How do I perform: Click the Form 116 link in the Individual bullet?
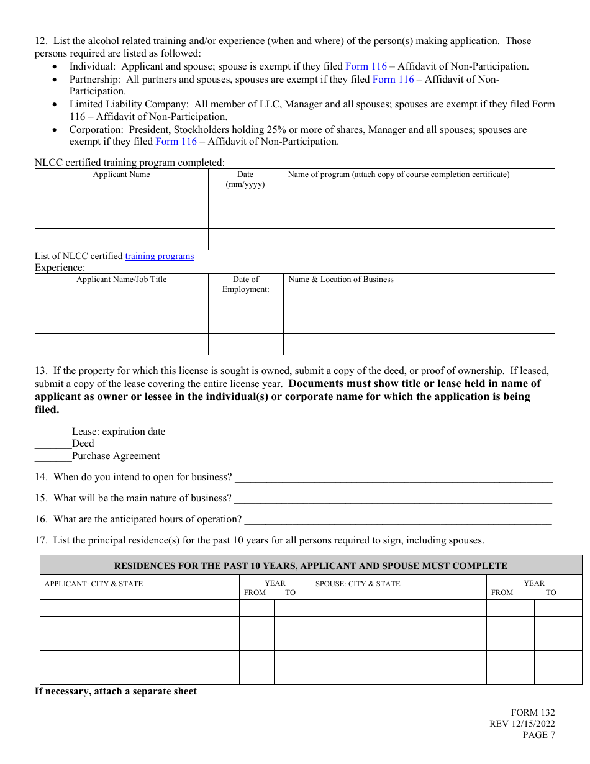pyautogui.click(x=366, y=66)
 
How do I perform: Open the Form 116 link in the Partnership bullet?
pyautogui.click(x=393, y=80)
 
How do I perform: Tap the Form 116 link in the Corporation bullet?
pyautogui.click(x=176, y=142)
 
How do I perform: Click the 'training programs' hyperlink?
pyautogui.click(x=160, y=256)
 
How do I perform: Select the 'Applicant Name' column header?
pyautogui.click(x=121, y=175)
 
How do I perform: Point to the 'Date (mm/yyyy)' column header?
pyautogui.click(x=245, y=180)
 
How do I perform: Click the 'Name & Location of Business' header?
pyautogui.click(x=341, y=280)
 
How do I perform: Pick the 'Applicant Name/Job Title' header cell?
pyautogui.click(x=121, y=280)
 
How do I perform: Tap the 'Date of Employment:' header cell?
pyautogui.click(x=245, y=284)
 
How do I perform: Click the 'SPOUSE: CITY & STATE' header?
pyautogui.click(x=358, y=584)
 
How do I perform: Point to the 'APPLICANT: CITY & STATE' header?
pyautogui.click(x=94, y=584)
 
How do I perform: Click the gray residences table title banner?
pyautogui.click(x=311, y=565)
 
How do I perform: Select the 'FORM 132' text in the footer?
pyautogui.click(x=533, y=712)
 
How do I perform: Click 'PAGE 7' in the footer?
pyautogui.click(x=538, y=735)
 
